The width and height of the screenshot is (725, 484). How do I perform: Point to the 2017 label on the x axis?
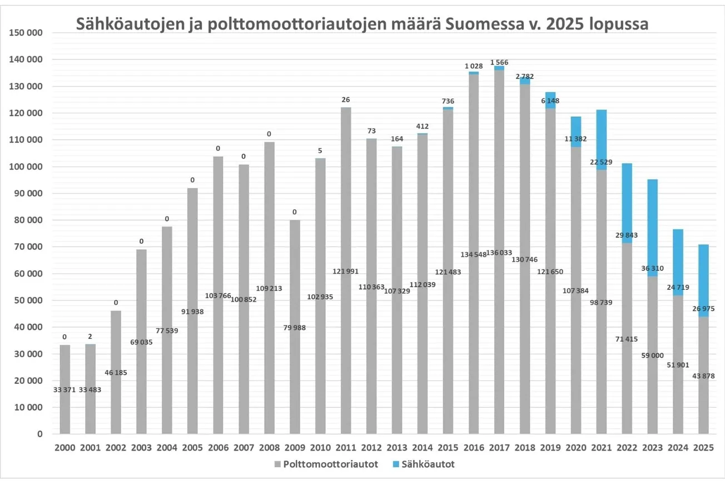[x=499, y=448]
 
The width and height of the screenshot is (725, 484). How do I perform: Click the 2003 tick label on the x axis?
[x=141, y=448]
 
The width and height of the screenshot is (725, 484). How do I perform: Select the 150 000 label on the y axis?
[x=26, y=33]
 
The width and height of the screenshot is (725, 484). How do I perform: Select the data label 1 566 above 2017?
[x=499, y=62]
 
